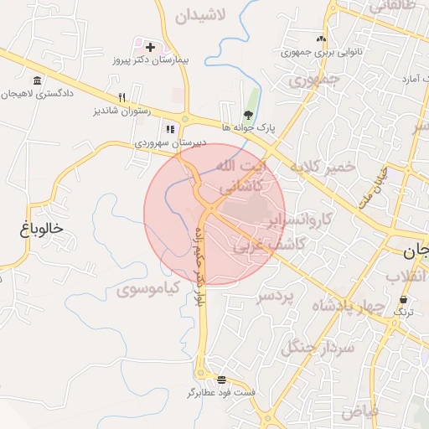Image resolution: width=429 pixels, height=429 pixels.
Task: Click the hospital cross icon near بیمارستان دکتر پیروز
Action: tap(150, 47)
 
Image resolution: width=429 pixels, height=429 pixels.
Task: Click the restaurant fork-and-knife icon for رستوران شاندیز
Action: tap(122, 97)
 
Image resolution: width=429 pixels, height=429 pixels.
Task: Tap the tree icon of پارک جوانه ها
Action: tap(248, 115)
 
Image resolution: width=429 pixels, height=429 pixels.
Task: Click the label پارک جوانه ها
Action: tap(249, 128)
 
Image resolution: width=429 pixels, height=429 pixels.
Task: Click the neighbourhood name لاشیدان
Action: tap(202, 16)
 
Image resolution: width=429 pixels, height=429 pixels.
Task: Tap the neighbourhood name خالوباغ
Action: tap(44, 228)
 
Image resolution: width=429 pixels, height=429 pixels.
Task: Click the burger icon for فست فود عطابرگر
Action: tap(220, 379)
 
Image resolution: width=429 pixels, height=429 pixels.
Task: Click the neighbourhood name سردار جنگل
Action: tap(318, 345)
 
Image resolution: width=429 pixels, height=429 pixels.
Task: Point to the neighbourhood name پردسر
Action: tap(277, 297)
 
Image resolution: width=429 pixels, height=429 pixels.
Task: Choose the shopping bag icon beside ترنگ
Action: tap(404, 299)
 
